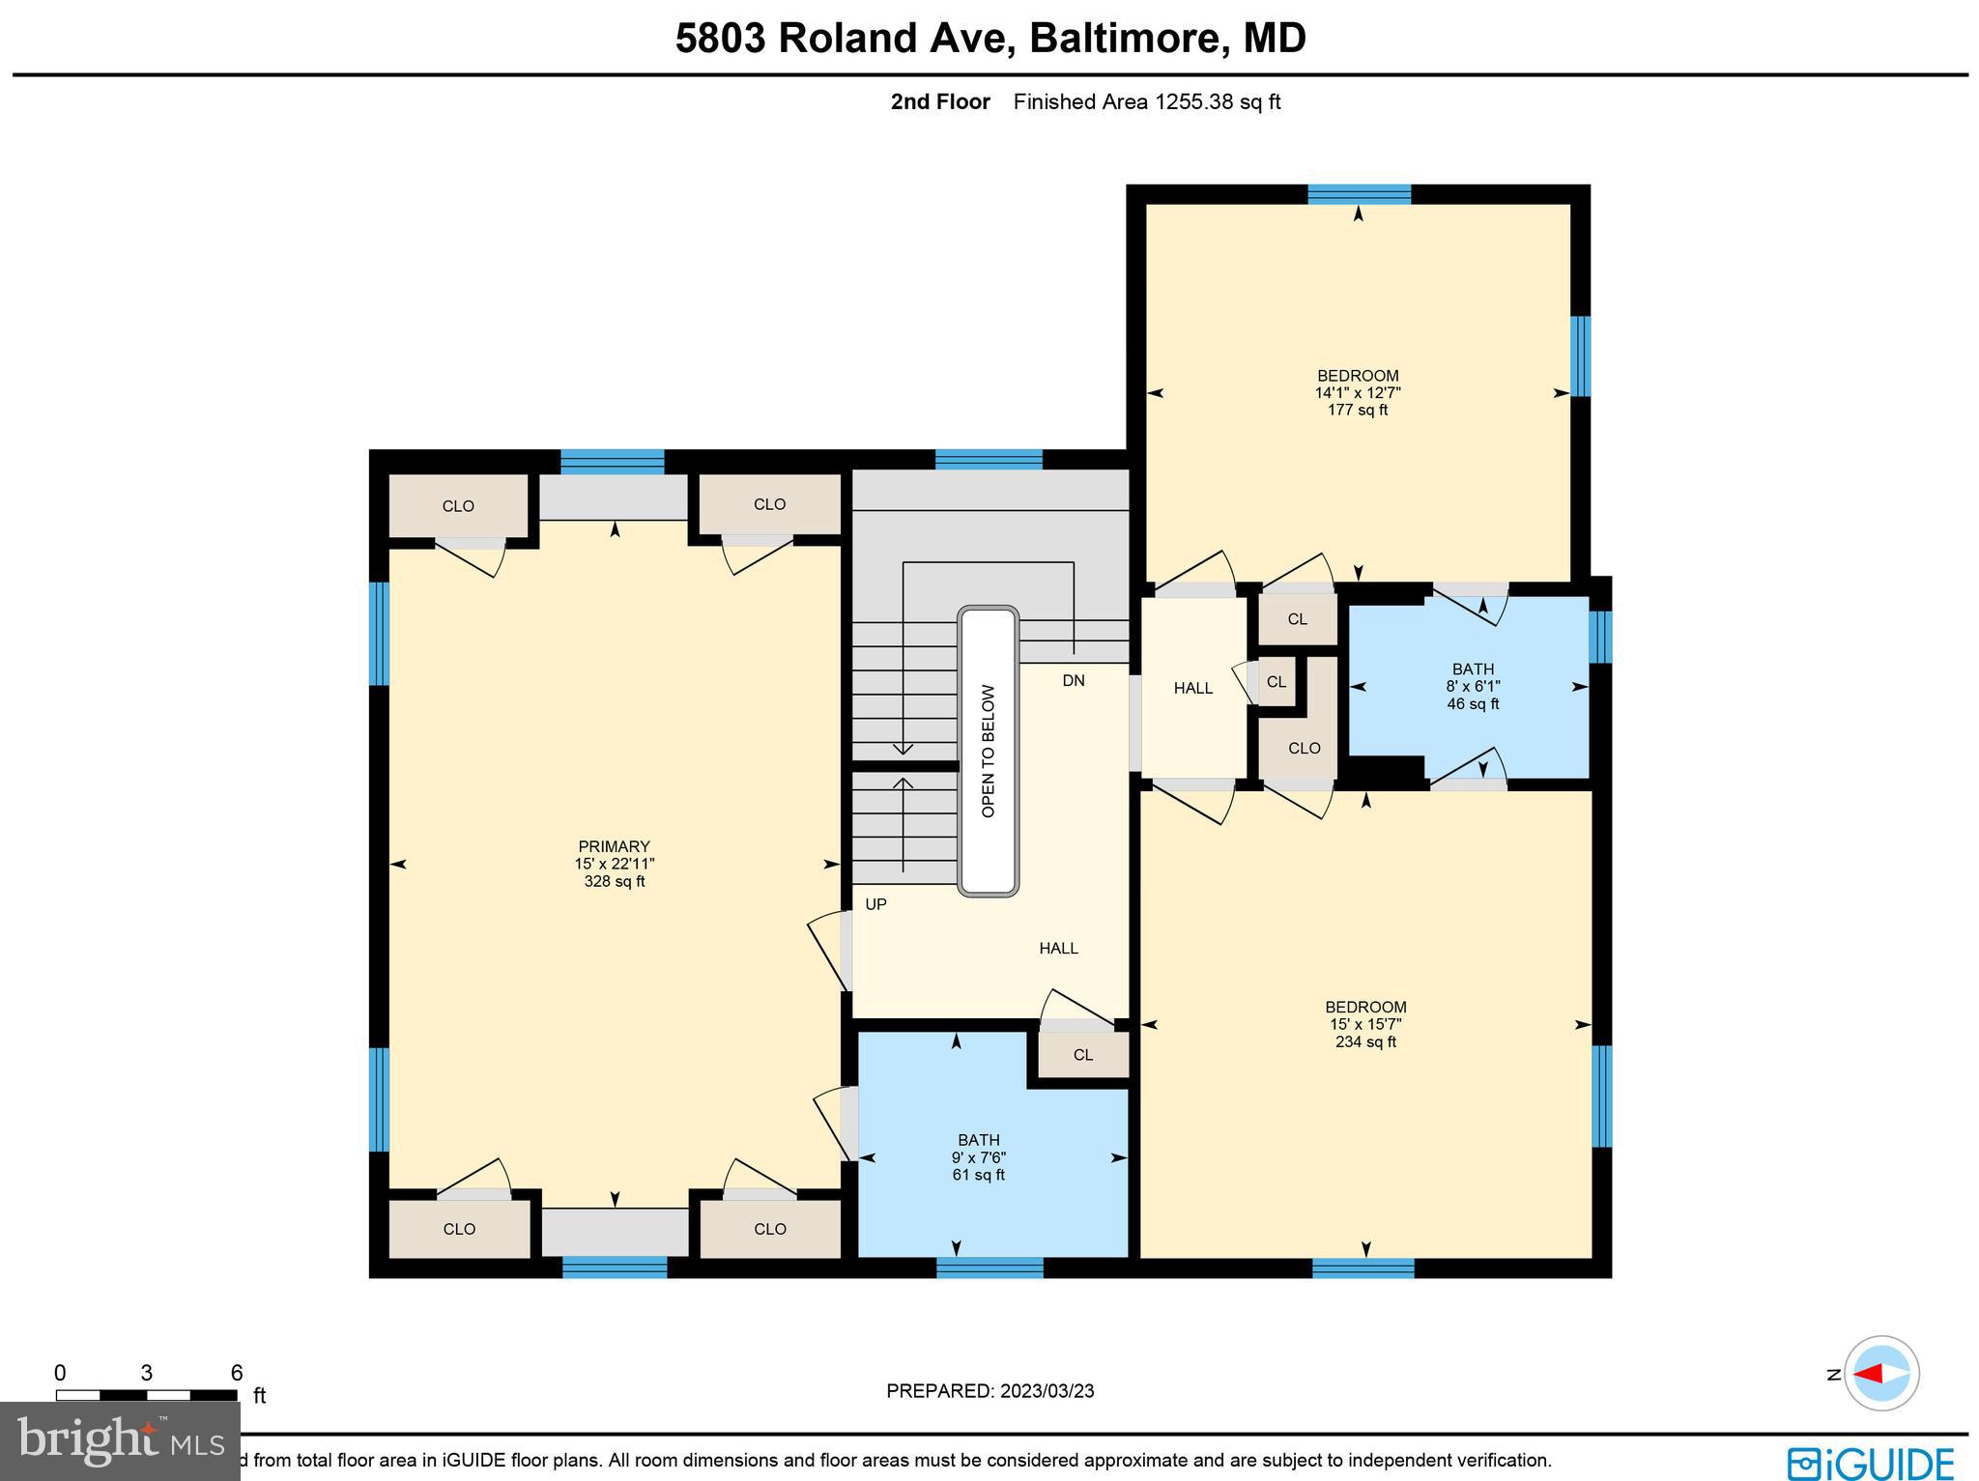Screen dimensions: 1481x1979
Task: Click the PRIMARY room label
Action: click(x=614, y=846)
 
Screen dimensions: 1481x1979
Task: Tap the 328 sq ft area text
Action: click(x=614, y=881)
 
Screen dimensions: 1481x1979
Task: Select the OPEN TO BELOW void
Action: click(x=988, y=751)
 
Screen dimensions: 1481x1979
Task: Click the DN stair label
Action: click(x=1073, y=680)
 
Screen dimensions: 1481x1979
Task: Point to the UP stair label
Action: click(x=875, y=904)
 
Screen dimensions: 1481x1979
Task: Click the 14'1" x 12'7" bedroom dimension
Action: click(x=1357, y=392)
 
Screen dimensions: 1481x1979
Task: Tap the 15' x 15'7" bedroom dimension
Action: click(x=1364, y=1024)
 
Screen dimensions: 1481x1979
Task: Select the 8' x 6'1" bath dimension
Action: click(x=1473, y=686)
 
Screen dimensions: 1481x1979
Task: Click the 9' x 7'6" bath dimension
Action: click(x=978, y=1157)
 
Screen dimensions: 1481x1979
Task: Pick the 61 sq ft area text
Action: click(x=978, y=1175)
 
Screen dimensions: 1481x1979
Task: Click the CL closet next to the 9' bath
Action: click(x=1082, y=1055)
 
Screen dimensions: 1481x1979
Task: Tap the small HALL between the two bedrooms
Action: click(x=1192, y=688)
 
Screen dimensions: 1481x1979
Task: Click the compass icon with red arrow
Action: click(x=1880, y=1373)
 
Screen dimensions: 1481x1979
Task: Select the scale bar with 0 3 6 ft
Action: click(x=147, y=1394)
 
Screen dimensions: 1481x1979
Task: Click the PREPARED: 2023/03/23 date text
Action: click(x=989, y=1391)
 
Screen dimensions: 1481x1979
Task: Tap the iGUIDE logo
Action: click(x=1870, y=1462)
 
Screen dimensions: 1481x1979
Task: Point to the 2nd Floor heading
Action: click(x=939, y=101)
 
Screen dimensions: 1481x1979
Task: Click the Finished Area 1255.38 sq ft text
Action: click(x=1146, y=101)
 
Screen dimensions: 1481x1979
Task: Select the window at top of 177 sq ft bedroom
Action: click(x=1358, y=194)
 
